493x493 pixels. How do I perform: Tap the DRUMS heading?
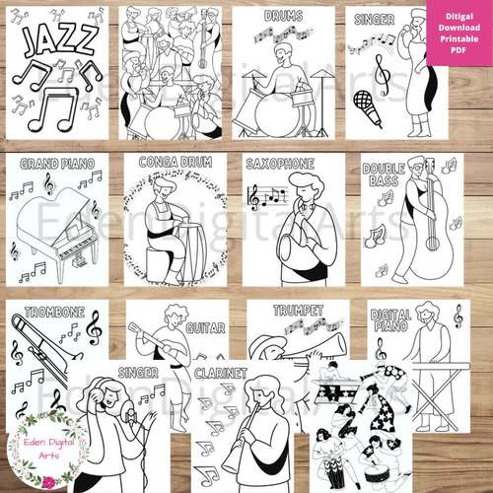283,17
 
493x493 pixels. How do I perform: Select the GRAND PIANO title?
49,164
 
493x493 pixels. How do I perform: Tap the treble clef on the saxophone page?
254,197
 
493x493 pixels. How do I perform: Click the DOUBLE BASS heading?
383,176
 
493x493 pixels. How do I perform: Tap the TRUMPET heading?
298,311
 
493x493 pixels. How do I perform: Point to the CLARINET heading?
220,374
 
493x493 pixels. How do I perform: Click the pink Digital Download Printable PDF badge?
458,33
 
